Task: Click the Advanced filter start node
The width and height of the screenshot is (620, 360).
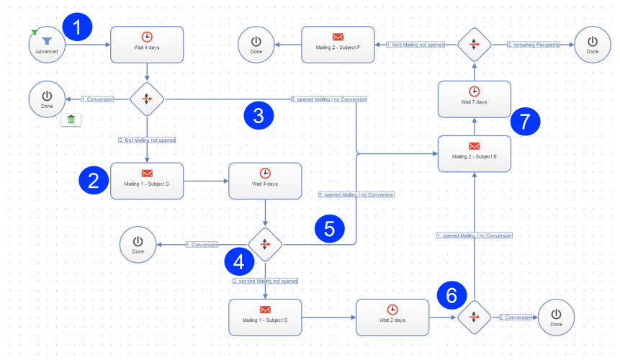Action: point(47,45)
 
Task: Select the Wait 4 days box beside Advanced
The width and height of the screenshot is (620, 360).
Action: point(147,45)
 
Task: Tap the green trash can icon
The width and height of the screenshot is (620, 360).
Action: point(71,119)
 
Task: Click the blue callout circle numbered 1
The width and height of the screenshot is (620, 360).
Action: point(78,27)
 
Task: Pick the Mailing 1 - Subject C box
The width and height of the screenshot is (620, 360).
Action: point(147,181)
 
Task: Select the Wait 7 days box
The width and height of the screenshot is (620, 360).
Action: point(475,99)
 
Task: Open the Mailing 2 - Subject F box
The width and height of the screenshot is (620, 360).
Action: point(338,45)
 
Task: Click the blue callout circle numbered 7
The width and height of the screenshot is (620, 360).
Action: point(525,120)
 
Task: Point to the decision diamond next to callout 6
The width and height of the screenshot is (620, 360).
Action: point(475,317)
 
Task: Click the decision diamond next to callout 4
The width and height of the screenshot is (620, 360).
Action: point(266,244)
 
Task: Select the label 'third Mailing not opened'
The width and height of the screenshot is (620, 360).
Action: point(415,45)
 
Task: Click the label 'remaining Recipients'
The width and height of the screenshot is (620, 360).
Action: point(533,45)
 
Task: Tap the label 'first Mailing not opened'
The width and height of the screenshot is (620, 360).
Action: point(147,140)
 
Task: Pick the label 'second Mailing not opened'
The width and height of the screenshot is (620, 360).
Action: point(265,281)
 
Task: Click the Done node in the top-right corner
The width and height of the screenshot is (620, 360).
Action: point(593,45)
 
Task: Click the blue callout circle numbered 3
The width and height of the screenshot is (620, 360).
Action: point(258,115)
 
